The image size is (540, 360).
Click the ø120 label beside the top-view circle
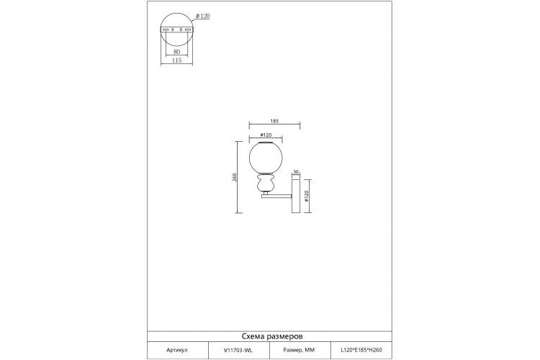pos(202,16)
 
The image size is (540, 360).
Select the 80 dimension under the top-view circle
pos(176,52)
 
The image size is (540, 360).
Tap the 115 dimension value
pos(176,60)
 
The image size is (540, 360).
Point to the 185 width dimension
pos(274,121)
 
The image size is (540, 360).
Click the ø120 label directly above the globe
pos(266,135)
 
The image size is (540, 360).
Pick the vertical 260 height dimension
pos(235,177)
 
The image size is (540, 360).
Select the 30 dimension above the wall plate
pos(295,172)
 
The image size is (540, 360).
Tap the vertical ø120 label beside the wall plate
pos(307,196)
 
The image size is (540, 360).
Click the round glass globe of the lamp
pos(266,158)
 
